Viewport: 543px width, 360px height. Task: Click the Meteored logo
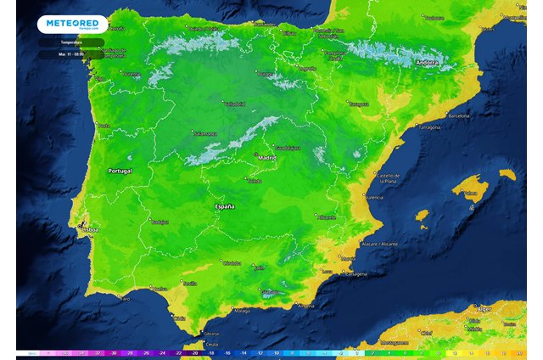[x=71, y=24]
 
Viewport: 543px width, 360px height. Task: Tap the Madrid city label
[x=267, y=157]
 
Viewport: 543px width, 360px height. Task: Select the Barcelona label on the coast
[x=459, y=115]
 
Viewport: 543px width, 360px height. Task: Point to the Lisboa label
[x=90, y=228]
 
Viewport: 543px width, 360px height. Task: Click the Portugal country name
[x=120, y=171]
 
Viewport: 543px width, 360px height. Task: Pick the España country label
[x=224, y=206]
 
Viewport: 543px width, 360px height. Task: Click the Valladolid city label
[x=234, y=104]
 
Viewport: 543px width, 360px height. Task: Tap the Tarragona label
[x=429, y=127]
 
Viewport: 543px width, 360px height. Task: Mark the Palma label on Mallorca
[x=468, y=193]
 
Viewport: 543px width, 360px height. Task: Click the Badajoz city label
[x=159, y=222]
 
